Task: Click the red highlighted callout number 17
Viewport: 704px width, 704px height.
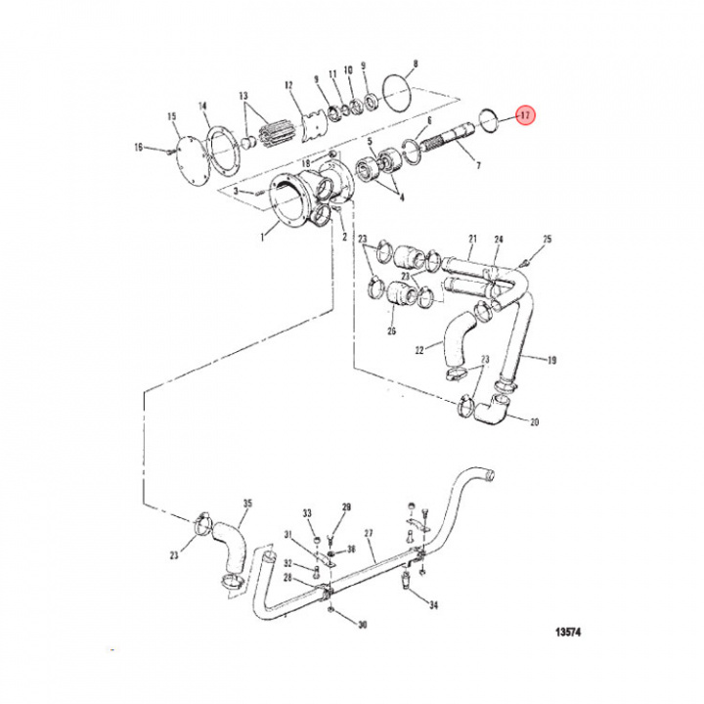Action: click(x=524, y=116)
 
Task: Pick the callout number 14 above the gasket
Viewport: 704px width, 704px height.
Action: click(x=202, y=106)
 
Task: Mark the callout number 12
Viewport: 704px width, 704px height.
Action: click(x=289, y=85)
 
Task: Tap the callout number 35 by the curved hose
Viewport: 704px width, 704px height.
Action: click(x=246, y=505)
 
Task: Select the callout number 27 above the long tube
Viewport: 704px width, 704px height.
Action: click(x=369, y=534)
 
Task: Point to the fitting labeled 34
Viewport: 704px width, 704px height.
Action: click(x=403, y=583)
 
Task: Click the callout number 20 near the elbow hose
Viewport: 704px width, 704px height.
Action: click(x=534, y=423)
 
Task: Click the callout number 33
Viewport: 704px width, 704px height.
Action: click(x=306, y=512)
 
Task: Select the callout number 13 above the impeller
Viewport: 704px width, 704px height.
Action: click(x=243, y=95)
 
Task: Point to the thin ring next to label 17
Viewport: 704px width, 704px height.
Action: click(x=490, y=120)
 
